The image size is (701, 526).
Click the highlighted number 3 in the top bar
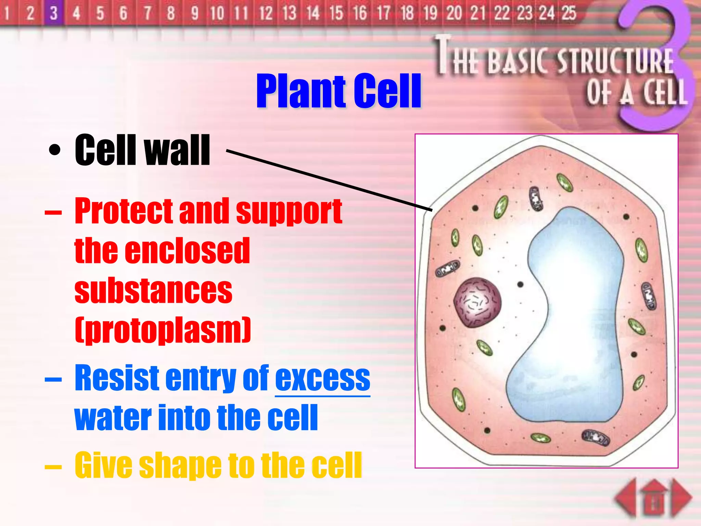(x=53, y=13)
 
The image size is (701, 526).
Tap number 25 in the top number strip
(x=569, y=13)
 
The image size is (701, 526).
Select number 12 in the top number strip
(x=266, y=13)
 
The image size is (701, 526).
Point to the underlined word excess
(x=322, y=378)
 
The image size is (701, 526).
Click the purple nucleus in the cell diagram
(x=477, y=302)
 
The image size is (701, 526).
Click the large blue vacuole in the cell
(x=575, y=308)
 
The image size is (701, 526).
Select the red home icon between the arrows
(x=654, y=498)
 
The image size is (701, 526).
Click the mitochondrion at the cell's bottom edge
(x=596, y=437)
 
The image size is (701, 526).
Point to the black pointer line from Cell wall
(x=329, y=179)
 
